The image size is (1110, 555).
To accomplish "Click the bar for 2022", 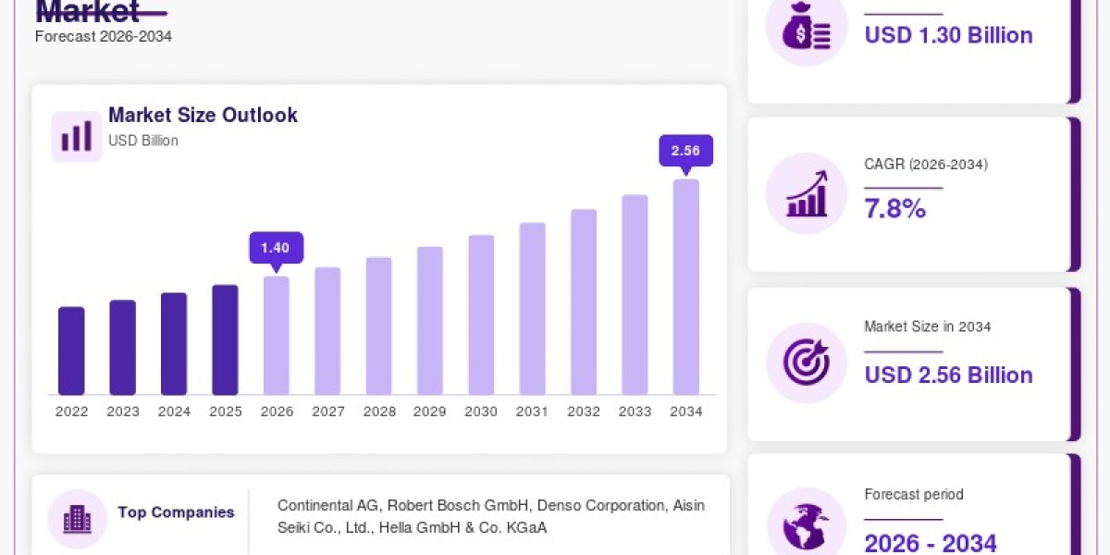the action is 71,351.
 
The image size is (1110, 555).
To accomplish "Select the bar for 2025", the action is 225,340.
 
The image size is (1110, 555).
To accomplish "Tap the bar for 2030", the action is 481,315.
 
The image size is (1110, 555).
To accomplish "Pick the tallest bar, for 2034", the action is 686,287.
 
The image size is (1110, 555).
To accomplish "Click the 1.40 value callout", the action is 277,248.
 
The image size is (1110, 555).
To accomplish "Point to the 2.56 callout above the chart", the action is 685,151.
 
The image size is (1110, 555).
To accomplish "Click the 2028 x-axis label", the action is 379,412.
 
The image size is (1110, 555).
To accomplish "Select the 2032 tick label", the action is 584,412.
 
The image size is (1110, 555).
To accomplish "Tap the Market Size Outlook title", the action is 203,115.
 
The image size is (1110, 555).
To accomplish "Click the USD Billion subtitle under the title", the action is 143,141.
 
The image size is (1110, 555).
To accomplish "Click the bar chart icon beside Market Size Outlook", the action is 76,136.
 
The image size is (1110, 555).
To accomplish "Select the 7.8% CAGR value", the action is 895,208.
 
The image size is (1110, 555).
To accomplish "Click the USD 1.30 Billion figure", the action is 948,36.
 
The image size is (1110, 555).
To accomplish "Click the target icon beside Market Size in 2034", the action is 807,363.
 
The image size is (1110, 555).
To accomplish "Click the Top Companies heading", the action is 176,512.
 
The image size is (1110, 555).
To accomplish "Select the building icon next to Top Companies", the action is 78,519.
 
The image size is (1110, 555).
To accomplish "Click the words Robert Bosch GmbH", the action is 457,505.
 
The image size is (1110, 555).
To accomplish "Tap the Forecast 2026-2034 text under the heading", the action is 104,37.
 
